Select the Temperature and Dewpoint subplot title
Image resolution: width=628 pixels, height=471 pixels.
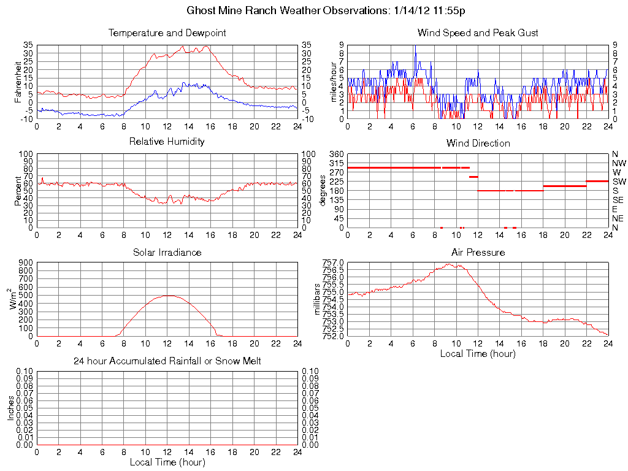[167, 33]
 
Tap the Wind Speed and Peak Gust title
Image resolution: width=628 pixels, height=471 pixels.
[478, 33]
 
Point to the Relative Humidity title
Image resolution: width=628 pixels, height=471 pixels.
[167, 142]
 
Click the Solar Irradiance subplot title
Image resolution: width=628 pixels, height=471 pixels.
[167, 252]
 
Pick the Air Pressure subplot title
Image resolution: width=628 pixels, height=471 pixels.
[478, 252]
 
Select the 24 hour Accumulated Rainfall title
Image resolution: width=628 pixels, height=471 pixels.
[167, 361]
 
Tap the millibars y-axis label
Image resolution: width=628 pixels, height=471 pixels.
[318, 299]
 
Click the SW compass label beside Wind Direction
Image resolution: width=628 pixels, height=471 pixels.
[618, 182]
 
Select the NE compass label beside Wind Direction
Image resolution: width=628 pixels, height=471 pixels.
[618, 218]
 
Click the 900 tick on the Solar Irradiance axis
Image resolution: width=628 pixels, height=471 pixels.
[26, 262]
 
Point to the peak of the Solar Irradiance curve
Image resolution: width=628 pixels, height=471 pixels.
[167, 296]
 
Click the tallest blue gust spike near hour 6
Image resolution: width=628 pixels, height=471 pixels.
[415, 46]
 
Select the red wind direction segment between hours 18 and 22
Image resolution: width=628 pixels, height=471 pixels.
[564, 186]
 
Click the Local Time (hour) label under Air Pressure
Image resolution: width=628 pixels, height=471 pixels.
[478, 353]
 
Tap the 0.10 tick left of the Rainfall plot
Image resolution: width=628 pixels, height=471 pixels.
[25, 372]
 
